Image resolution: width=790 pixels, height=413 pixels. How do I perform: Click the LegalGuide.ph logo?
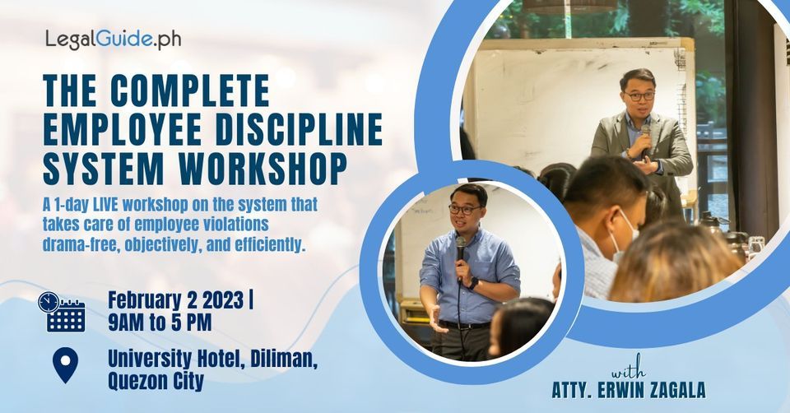pyautogui.click(x=113, y=39)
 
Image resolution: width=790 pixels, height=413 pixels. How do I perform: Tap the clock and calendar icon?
pyautogui.click(x=62, y=312)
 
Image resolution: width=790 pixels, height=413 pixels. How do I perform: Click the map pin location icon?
pyautogui.click(x=64, y=364)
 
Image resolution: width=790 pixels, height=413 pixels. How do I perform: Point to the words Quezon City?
pyautogui.click(x=156, y=382)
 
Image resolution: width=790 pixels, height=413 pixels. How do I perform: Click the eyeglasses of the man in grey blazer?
pyautogui.click(x=639, y=96)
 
